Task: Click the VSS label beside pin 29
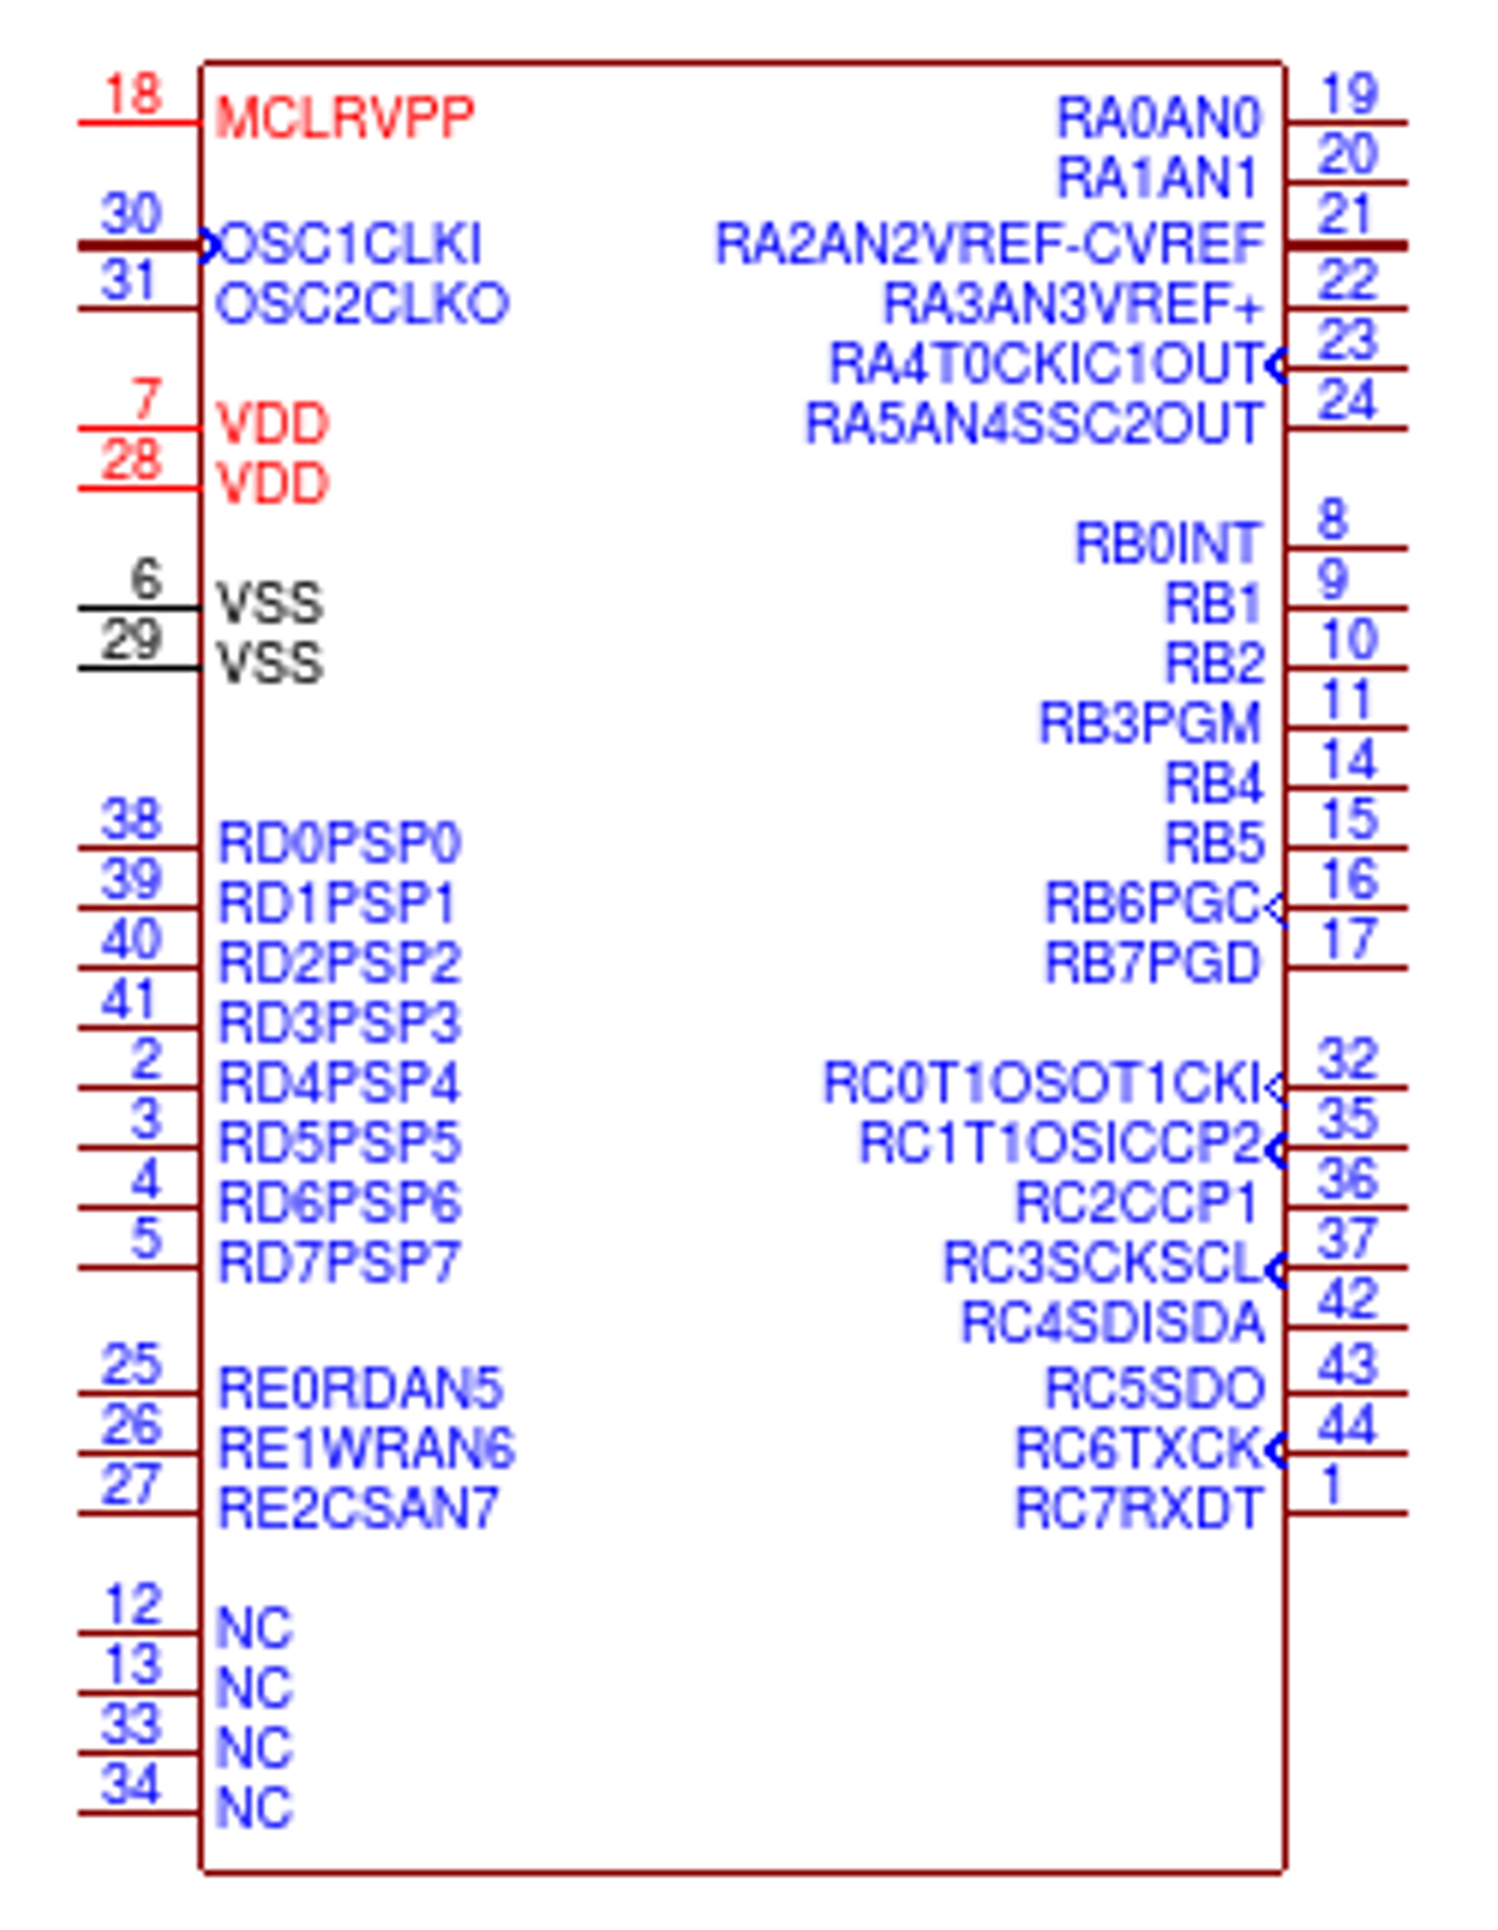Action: pyautogui.click(x=270, y=663)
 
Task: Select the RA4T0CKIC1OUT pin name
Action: pyautogui.click(x=1047, y=364)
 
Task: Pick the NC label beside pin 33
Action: pyautogui.click(x=254, y=1748)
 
